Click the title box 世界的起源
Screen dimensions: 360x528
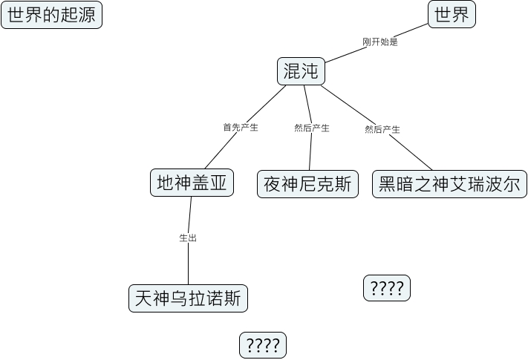coord(50,15)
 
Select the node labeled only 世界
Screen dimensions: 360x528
coord(452,14)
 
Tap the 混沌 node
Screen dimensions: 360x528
coord(301,71)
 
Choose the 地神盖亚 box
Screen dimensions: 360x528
coord(192,183)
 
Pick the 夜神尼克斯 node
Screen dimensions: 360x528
coord(307,184)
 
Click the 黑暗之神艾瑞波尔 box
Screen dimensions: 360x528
coord(449,184)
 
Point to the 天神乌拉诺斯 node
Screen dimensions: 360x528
coord(188,298)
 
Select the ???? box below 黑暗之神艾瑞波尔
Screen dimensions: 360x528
coord(386,288)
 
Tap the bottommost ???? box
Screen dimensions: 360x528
coord(262,345)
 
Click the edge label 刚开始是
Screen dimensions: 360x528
coord(380,42)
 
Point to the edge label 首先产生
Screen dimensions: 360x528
coord(241,128)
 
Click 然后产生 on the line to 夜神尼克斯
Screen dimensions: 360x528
coord(312,128)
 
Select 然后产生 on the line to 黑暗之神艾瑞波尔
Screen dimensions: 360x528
coord(382,130)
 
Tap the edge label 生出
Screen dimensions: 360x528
coord(188,238)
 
